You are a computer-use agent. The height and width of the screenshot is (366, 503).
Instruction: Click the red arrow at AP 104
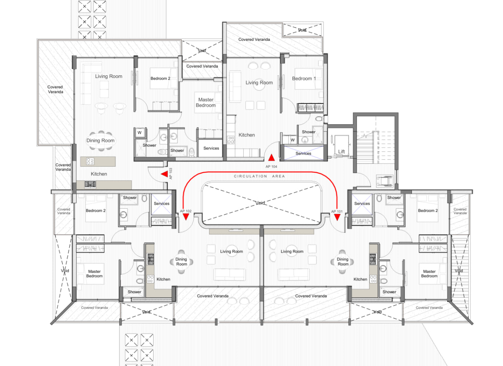[x=272, y=158]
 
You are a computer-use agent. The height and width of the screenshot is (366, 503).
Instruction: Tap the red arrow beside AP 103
[x=165, y=174]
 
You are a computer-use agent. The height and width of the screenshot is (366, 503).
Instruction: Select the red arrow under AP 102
[x=186, y=217]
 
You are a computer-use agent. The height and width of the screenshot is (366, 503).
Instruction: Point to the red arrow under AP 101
[x=337, y=217]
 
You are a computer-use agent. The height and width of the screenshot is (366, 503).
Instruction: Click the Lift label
[x=341, y=152]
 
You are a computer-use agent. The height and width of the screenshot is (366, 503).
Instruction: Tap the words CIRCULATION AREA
[x=259, y=176]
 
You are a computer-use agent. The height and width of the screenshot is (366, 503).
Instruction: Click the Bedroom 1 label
[x=304, y=79]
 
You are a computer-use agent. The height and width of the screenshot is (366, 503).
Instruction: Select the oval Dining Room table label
[x=100, y=140]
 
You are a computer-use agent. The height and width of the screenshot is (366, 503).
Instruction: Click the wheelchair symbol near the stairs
[x=385, y=181]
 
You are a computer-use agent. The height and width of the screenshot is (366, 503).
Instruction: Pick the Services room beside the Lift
[x=304, y=153]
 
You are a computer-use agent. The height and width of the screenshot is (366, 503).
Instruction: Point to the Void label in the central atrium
[x=260, y=203]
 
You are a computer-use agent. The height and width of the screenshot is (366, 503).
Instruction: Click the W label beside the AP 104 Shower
[x=293, y=140]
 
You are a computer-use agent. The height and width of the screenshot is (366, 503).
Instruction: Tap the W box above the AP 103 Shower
[x=140, y=133]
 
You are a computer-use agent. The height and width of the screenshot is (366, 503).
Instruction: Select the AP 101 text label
[x=337, y=211]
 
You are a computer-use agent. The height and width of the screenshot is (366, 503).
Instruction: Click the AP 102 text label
[x=186, y=211]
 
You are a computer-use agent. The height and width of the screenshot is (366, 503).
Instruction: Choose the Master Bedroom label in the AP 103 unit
[x=206, y=102]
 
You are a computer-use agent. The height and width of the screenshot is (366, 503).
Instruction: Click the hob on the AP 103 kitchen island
[x=90, y=161]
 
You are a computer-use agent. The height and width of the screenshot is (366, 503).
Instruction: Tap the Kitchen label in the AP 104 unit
[x=246, y=135]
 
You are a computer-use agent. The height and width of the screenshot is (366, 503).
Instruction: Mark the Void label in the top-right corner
[x=302, y=30]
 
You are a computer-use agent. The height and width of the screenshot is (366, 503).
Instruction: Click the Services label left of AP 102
[x=162, y=204]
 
